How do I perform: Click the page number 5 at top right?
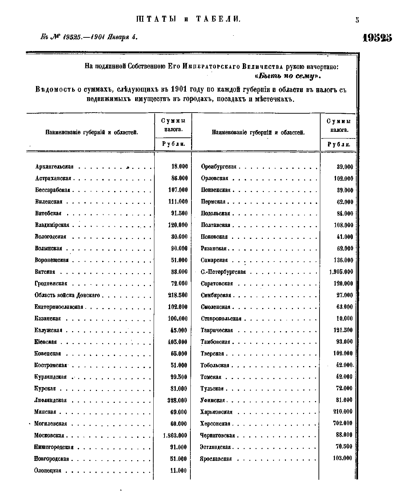click(x=357, y=20)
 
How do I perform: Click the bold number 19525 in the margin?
click(x=377, y=38)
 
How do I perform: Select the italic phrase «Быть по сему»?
click(x=288, y=76)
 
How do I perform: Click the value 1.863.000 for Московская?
click(x=175, y=435)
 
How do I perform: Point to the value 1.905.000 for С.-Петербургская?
click(x=341, y=272)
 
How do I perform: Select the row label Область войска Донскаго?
click(x=67, y=295)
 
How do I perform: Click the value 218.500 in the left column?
click(x=178, y=295)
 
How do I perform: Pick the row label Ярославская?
click(x=216, y=459)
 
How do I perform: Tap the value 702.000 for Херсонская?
click(x=343, y=423)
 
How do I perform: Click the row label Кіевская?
click(x=45, y=342)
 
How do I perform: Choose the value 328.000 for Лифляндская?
click(x=177, y=400)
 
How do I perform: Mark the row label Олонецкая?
click(x=48, y=471)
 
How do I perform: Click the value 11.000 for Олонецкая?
click(x=178, y=471)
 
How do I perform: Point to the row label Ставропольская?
click(x=221, y=319)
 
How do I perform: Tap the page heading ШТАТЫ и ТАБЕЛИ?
click(x=188, y=20)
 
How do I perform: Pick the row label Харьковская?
click(x=216, y=412)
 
